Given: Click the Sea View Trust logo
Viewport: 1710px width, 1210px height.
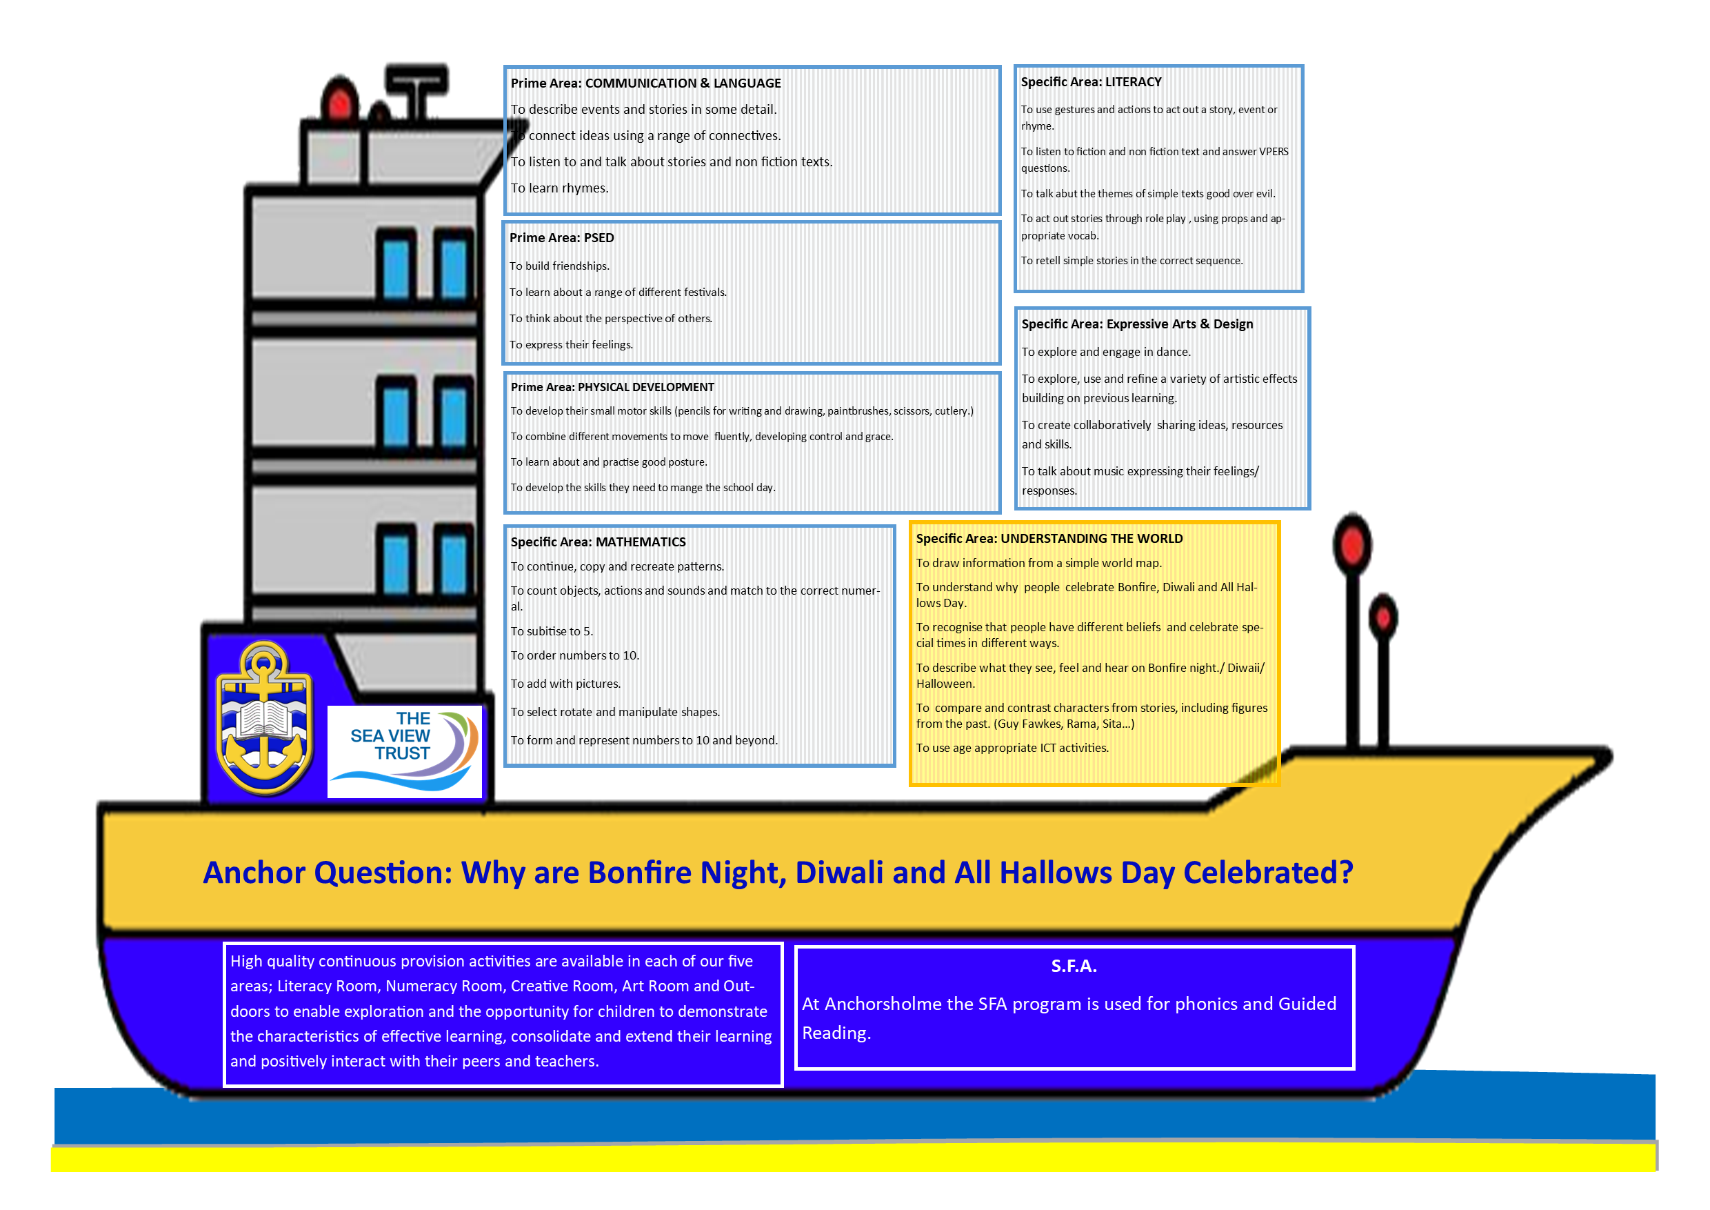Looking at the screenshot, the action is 405,751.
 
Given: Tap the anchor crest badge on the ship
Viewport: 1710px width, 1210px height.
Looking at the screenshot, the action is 264,717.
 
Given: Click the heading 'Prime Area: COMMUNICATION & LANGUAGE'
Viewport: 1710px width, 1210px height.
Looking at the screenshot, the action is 645,83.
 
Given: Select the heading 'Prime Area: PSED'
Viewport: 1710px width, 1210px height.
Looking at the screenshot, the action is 561,238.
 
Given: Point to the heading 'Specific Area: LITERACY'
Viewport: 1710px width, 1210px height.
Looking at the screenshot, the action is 1090,82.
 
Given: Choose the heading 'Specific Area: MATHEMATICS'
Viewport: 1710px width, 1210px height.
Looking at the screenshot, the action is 598,542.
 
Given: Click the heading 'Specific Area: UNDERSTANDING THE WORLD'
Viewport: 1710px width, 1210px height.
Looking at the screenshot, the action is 1049,538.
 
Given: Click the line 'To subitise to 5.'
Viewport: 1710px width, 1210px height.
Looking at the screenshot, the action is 551,631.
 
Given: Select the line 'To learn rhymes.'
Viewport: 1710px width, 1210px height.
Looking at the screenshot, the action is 559,188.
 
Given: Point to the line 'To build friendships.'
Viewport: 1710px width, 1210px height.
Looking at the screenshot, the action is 559,266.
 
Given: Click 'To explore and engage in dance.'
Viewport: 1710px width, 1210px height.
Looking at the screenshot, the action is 1105,352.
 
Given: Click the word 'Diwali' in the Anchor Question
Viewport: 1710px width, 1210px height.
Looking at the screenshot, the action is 838,872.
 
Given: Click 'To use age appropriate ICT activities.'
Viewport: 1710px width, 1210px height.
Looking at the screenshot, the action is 1012,747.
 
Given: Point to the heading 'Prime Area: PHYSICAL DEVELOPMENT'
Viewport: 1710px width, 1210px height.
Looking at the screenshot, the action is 612,387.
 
